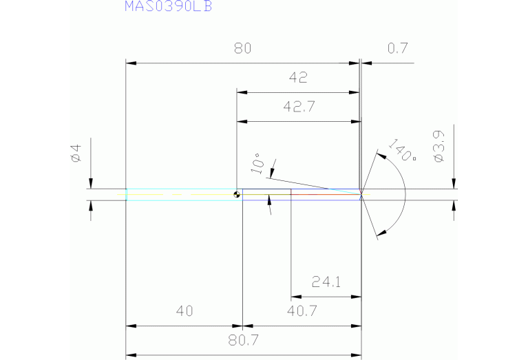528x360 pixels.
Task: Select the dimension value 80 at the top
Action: tap(242, 48)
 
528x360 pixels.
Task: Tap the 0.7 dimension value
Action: tap(398, 48)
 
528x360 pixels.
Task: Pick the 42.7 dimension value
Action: tap(298, 107)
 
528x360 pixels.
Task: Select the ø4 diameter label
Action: tap(76, 153)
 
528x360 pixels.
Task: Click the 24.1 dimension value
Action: tap(326, 282)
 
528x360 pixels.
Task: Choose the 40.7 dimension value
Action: tap(302, 311)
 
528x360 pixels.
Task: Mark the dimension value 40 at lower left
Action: tap(184, 311)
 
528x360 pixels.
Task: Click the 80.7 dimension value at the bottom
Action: tap(242, 341)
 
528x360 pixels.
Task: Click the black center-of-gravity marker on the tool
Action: tap(237, 195)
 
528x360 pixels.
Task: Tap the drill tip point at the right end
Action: tap(362, 195)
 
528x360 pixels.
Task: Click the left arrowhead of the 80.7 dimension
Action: tap(130, 355)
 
